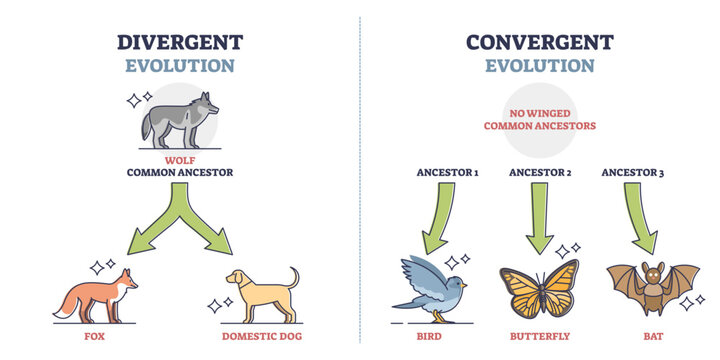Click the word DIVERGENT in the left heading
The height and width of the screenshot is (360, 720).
[179, 43]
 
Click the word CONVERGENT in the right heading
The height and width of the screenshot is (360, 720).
[539, 43]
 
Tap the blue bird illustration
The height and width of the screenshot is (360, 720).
[431, 285]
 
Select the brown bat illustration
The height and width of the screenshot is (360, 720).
[652, 288]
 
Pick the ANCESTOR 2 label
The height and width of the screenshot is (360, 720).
[539, 172]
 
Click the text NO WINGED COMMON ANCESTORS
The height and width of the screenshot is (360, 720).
[539, 119]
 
